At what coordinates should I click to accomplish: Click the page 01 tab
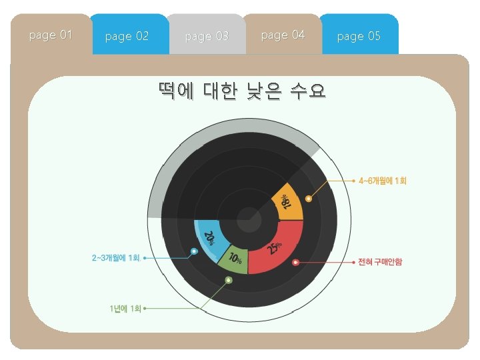coord(51,35)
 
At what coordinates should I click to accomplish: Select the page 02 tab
coord(127,36)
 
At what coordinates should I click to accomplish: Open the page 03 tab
coord(207,36)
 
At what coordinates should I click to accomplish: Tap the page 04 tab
coord(283,35)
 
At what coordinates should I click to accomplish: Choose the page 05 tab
coord(359,36)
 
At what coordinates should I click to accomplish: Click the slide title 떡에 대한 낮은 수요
coord(242,91)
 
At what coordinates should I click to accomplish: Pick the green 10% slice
coord(233,260)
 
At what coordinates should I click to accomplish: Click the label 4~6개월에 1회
coord(383,181)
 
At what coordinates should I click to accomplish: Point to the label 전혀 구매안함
coord(380,263)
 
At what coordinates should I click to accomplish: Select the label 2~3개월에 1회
coord(116,258)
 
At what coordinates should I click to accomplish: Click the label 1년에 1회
coord(126,309)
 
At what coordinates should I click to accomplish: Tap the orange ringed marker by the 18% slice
coord(309,199)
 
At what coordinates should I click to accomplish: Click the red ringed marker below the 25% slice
coord(295,263)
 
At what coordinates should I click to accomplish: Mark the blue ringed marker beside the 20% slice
coord(194,252)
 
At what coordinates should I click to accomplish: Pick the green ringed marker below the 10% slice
coord(229,280)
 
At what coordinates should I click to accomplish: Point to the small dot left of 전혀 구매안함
coord(353,263)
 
